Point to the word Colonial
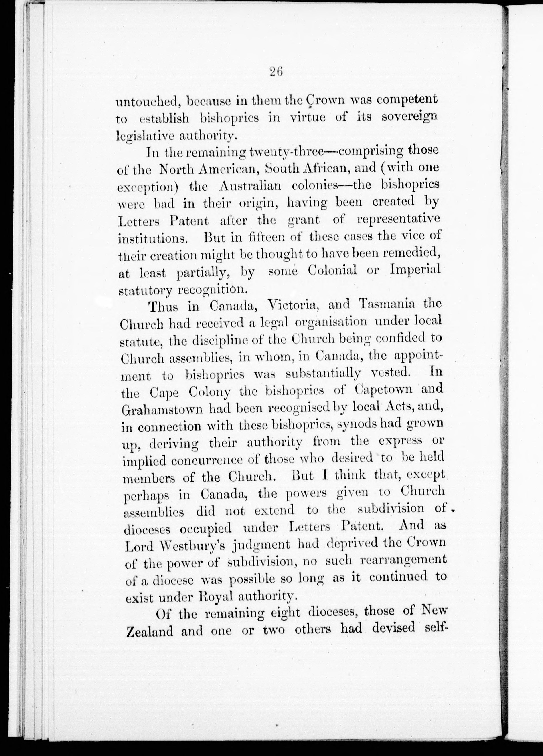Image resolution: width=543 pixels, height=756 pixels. point(333,270)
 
